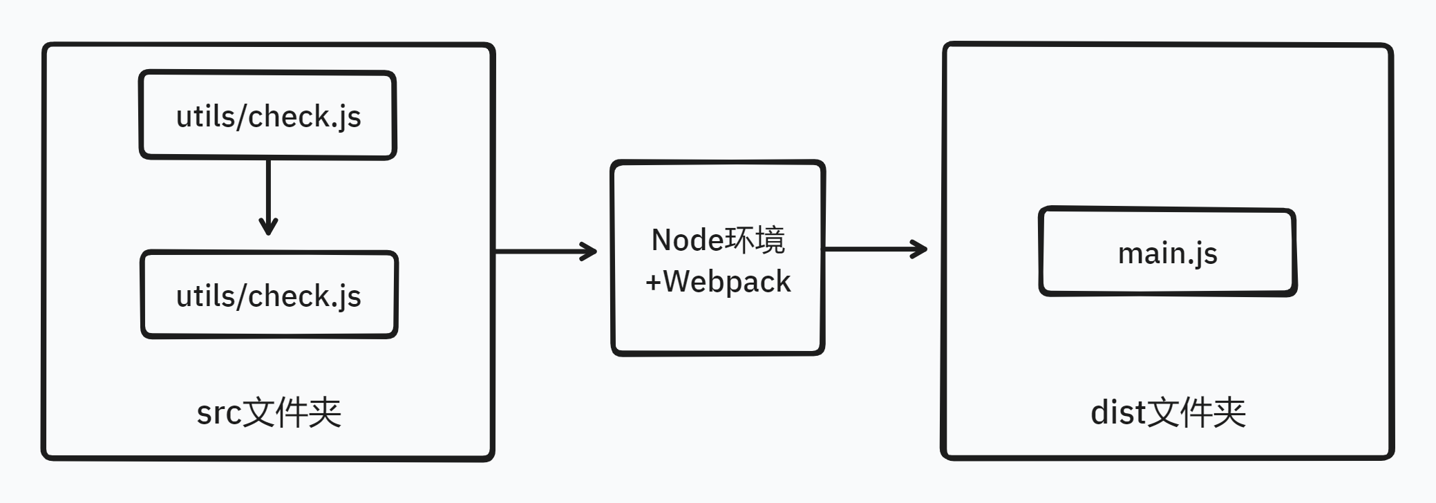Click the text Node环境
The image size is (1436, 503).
718,240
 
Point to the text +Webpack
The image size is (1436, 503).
718,282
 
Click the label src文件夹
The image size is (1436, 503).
269,412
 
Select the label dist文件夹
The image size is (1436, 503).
1168,412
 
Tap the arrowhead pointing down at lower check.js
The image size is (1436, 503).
268,227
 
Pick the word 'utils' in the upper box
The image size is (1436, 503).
205,116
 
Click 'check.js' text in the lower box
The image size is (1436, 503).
304,296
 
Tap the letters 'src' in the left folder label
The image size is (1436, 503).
218,413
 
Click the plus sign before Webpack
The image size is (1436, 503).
653,282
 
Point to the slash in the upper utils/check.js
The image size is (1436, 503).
241,116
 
